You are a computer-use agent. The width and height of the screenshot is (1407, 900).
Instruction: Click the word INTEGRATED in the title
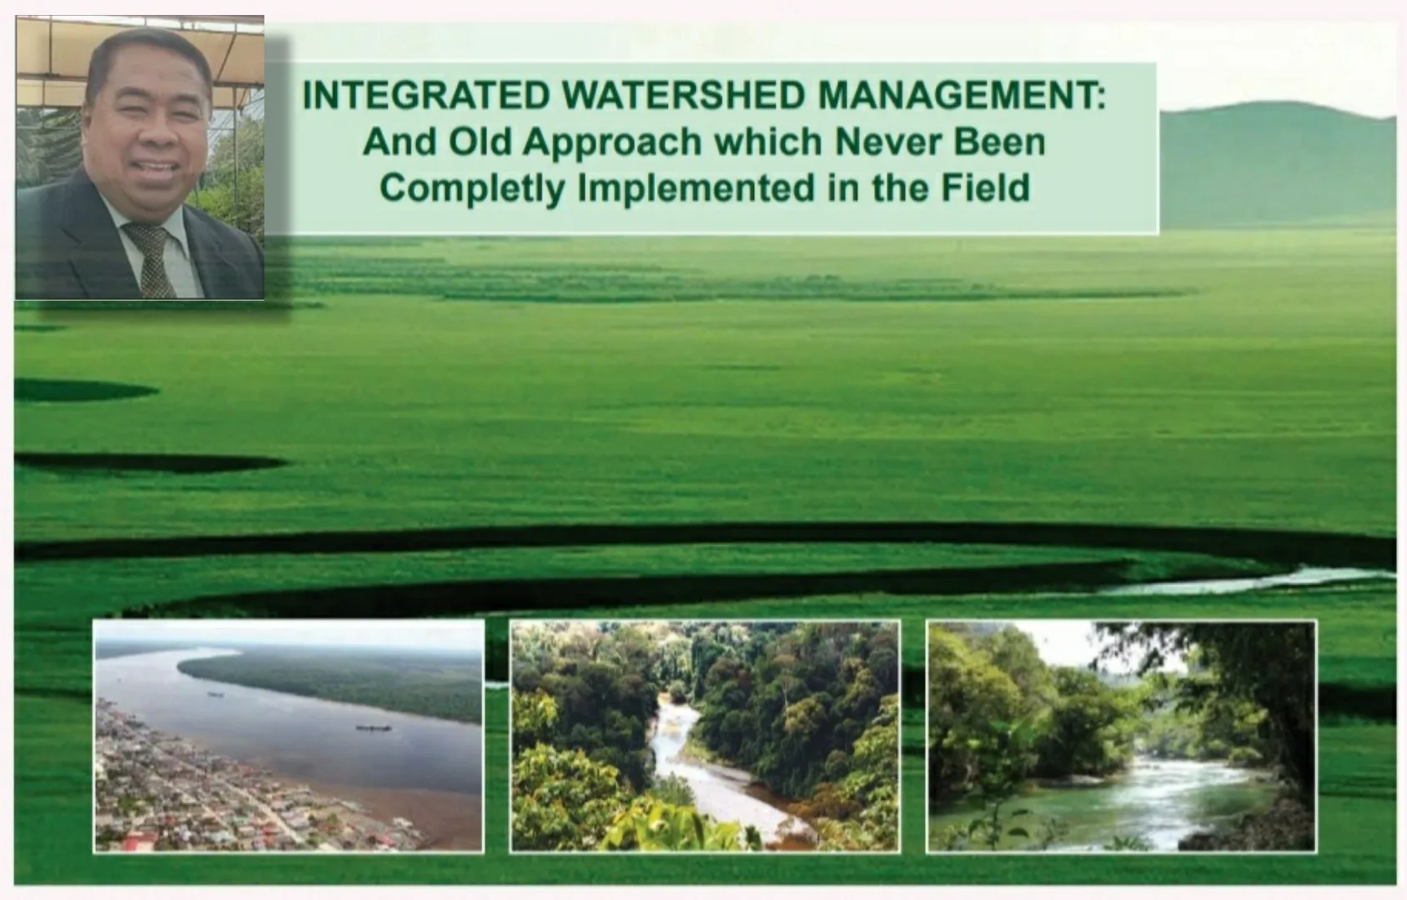[x=426, y=95]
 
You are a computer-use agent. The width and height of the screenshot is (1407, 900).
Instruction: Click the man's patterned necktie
[x=152, y=258]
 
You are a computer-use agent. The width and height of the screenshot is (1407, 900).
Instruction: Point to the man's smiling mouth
[x=155, y=170]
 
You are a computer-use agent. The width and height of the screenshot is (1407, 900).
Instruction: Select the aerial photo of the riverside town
[x=289, y=737]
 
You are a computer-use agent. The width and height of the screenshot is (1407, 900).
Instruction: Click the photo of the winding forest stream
[x=705, y=737]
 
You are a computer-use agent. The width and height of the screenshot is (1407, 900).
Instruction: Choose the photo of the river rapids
[x=1121, y=737]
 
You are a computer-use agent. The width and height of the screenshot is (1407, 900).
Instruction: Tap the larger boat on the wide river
[x=374, y=728]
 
